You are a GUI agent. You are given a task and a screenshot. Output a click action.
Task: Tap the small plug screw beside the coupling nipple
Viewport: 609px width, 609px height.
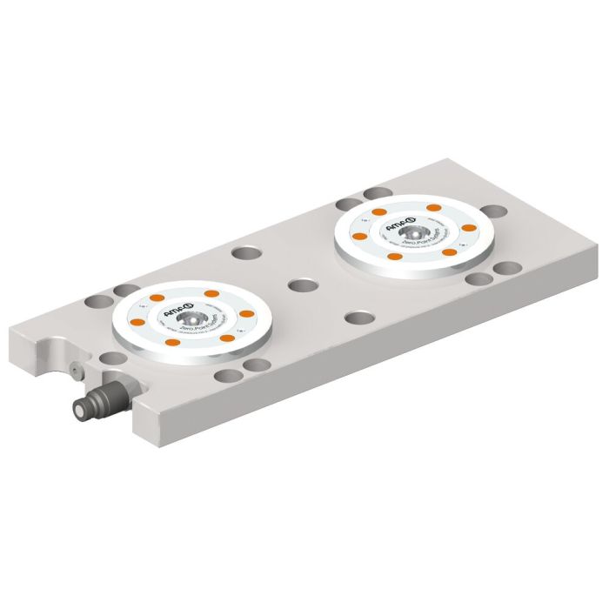(x=76, y=371)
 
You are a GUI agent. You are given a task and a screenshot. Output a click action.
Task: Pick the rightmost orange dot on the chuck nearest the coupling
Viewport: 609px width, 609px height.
(x=246, y=313)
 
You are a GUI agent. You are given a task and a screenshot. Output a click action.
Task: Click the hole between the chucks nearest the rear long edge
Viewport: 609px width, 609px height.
(x=246, y=254)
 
